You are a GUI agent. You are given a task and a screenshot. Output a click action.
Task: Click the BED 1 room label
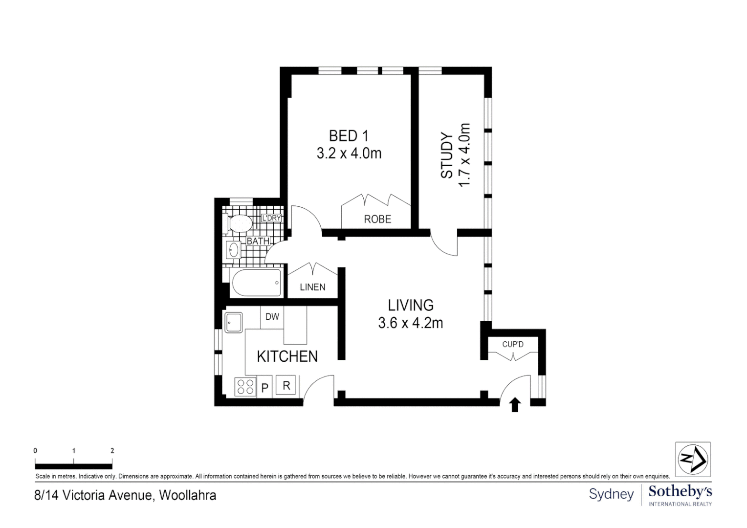pos(349,135)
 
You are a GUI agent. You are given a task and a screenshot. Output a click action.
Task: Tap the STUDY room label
pos(447,155)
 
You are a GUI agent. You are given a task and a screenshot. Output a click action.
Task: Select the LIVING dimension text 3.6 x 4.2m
pos(410,323)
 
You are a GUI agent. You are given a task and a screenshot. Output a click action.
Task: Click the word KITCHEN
pos(287,356)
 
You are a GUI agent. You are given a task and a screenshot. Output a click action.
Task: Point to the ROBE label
pos(377,219)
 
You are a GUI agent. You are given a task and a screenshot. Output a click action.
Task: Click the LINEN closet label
pos(312,287)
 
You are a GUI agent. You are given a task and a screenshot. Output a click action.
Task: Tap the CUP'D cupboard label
pos(512,344)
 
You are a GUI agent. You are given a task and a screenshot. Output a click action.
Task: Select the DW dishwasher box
pos(272,317)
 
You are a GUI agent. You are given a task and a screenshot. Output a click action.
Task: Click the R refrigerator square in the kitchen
pos(286,385)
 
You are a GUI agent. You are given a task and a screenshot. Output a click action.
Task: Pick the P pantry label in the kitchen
pos(265,388)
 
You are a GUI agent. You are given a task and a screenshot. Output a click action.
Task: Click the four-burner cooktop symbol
pos(245,387)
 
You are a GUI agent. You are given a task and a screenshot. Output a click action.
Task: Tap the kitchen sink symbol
pos(234,323)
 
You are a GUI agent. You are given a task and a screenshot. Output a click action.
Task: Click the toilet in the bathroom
pos(239,224)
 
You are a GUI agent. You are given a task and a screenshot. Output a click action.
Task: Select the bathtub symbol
pos(256,283)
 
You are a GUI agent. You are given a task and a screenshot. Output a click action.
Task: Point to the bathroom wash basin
pos(233,250)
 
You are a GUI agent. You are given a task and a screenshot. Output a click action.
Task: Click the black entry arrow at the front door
pos(515,405)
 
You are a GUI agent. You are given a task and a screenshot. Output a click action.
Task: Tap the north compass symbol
pos(693,459)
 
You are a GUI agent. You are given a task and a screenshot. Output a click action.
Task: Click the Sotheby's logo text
pos(680,491)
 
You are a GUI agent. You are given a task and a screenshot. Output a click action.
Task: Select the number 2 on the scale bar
pos(112,451)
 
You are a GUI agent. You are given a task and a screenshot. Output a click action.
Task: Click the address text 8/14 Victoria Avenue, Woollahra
pos(125,495)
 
